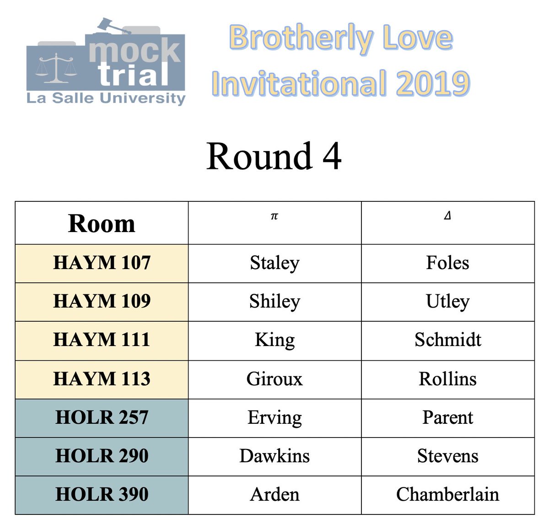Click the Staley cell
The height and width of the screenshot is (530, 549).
pyautogui.click(x=274, y=263)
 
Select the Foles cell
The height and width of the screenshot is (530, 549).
pyautogui.click(x=447, y=263)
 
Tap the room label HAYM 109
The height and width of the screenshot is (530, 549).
pyautogui.click(x=102, y=302)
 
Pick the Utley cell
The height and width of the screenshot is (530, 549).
pyautogui.click(x=447, y=302)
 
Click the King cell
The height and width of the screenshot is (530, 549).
pyautogui.click(x=274, y=340)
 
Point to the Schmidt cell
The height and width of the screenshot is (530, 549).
pyautogui.click(x=447, y=340)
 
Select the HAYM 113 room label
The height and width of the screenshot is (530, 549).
pyautogui.click(x=102, y=379)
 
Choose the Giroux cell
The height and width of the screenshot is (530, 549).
pyautogui.click(x=274, y=379)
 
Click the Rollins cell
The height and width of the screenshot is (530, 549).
pyautogui.click(x=447, y=379)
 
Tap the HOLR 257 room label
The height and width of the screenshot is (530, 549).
pyautogui.click(x=102, y=417)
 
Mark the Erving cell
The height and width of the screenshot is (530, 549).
pyautogui.click(x=274, y=417)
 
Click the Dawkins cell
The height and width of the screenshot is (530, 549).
pyautogui.click(x=274, y=456)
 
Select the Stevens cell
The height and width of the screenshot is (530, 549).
pyautogui.click(x=447, y=456)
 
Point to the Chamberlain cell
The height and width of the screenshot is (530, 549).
pyautogui.click(x=447, y=494)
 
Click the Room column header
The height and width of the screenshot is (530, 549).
pyautogui.click(x=102, y=224)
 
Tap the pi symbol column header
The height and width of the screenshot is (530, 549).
pyautogui.click(x=274, y=216)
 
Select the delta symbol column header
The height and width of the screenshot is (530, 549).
pyautogui.click(x=447, y=216)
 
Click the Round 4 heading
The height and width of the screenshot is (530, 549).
pyautogui.click(x=274, y=157)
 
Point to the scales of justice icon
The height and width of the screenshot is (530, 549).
pyautogui.click(x=57, y=69)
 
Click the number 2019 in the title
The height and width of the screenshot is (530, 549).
pyautogui.click(x=432, y=83)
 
